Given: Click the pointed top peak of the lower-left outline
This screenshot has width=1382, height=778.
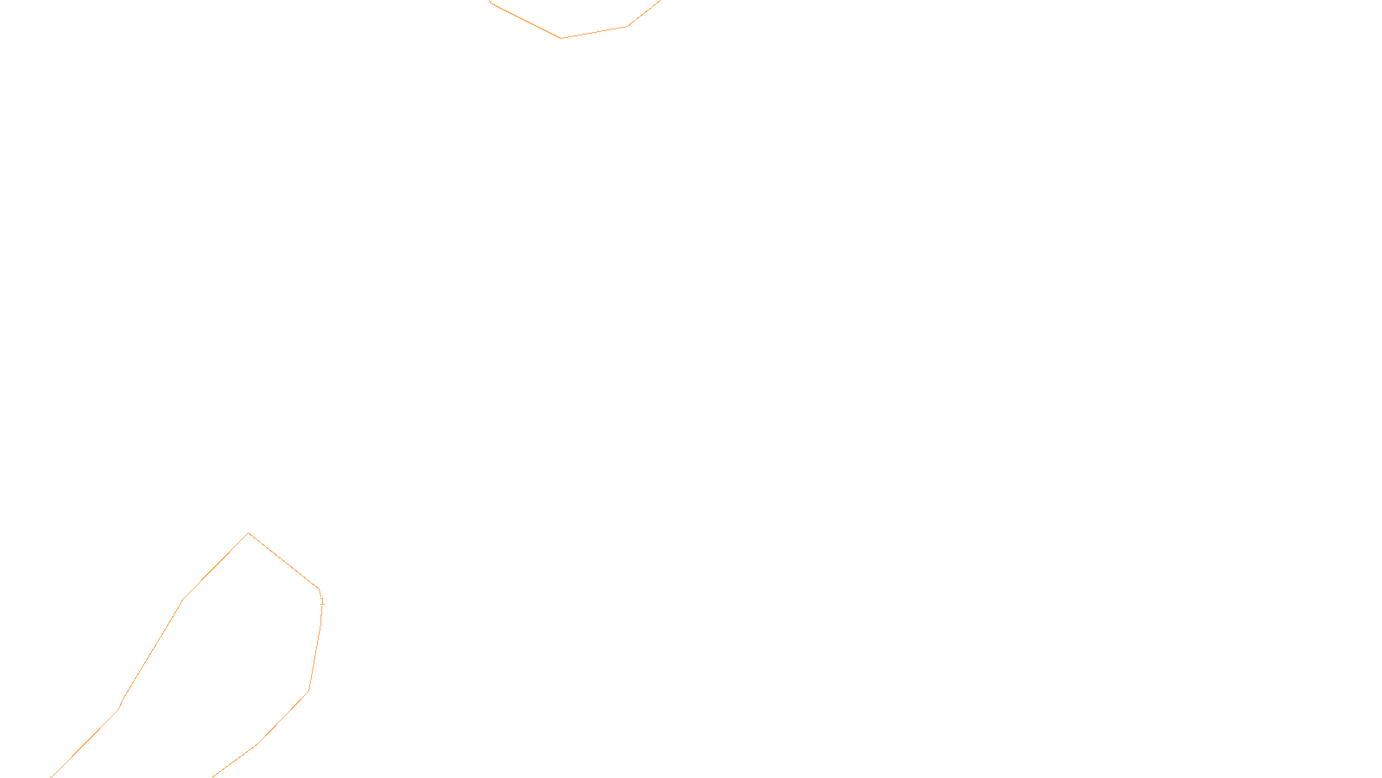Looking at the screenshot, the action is [249, 533].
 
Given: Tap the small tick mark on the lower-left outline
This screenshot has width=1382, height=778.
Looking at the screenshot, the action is [322, 600].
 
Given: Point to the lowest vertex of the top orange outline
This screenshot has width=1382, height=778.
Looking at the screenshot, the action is [561, 38].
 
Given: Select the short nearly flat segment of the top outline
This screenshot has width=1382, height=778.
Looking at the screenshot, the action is [594, 32].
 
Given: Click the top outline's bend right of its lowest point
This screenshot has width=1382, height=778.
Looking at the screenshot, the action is [626, 26].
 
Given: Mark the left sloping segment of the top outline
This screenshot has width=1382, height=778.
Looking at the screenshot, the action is [525, 20].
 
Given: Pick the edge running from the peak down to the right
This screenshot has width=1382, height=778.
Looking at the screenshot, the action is [283, 560].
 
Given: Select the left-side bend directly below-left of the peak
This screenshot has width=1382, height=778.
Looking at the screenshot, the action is [182, 599].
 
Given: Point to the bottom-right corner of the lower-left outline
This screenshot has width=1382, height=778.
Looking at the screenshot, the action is [308, 691].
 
